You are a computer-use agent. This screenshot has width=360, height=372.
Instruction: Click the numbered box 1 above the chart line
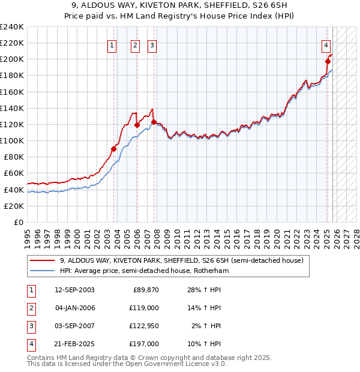click(112, 44)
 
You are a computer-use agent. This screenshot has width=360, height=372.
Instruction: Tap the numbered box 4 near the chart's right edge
click(326, 44)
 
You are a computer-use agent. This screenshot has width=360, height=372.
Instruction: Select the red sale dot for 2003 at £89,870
click(113, 149)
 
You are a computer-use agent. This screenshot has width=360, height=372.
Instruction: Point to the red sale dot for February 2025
click(328, 61)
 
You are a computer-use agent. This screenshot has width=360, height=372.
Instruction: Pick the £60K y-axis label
click(14, 173)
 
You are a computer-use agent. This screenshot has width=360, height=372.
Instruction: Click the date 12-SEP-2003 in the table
click(74, 290)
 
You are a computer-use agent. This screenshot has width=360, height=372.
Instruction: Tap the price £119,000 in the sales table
click(145, 308)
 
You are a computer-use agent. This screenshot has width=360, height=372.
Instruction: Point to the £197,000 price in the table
click(145, 344)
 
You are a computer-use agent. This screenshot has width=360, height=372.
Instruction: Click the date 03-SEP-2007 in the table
click(74, 326)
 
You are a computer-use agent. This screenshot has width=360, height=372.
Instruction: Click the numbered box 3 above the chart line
click(152, 44)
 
